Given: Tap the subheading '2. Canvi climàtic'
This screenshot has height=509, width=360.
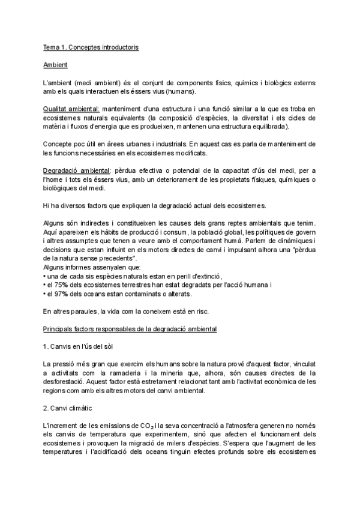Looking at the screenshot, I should click(x=68, y=409).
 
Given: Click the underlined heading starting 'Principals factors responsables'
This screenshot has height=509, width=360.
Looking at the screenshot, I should click(x=130, y=329).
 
